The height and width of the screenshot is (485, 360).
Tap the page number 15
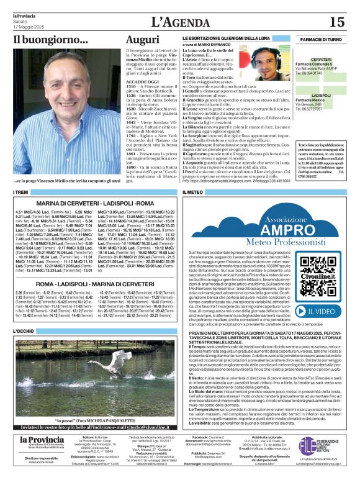tap(336, 22)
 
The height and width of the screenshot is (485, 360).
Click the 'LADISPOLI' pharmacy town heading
tap(321, 95)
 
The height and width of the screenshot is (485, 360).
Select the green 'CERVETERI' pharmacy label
tap(321, 59)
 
